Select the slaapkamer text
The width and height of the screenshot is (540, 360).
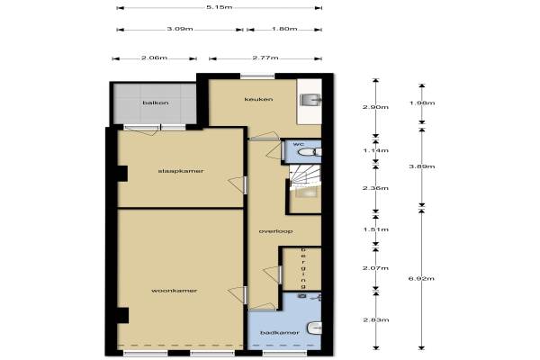(x=181, y=171)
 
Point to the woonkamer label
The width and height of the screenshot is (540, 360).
(x=175, y=291)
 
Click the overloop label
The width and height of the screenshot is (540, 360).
(x=275, y=231)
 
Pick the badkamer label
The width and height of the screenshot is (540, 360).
(x=280, y=333)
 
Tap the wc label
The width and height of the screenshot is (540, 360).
(x=299, y=144)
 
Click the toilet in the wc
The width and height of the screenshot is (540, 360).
(x=310, y=152)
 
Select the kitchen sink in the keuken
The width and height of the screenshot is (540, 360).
(x=310, y=100)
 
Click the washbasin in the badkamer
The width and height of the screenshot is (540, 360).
(x=314, y=328)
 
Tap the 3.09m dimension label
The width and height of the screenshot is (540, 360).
(x=180, y=29)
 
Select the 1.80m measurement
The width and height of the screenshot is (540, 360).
(x=284, y=29)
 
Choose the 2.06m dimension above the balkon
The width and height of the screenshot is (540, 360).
(x=154, y=58)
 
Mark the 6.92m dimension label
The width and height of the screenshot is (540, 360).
(x=421, y=278)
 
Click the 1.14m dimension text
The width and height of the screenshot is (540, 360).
(x=375, y=150)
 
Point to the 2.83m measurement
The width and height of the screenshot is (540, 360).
(x=376, y=320)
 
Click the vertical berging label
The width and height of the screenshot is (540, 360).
(x=303, y=268)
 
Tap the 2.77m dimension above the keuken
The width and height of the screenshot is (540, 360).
(x=265, y=58)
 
